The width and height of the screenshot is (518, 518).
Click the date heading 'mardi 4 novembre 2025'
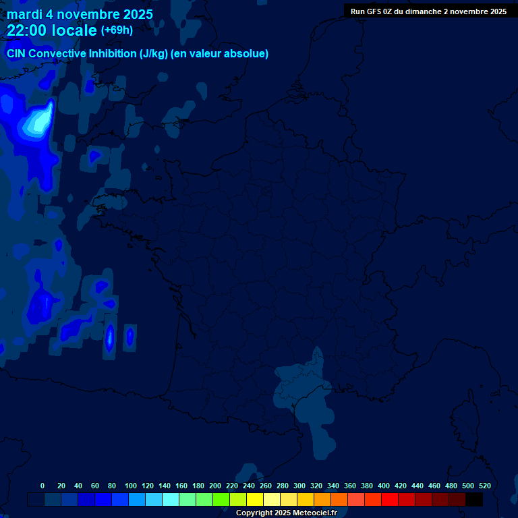(x=80, y=14)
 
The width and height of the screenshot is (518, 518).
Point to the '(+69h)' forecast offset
(x=117, y=30)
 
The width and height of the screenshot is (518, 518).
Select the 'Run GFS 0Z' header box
(x=428, y=11)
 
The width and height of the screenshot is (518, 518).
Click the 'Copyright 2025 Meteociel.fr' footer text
(x=286, y=513)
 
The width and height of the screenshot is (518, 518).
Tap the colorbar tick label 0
(x=42, y=486)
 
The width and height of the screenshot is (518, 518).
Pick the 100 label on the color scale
(x=131, y=486)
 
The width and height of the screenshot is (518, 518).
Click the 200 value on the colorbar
(x=215, y=486)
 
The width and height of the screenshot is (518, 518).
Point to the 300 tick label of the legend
(x=299, y=486)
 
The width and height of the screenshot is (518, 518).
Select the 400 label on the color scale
(x=384, y=486)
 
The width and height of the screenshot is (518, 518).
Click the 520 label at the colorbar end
(x=484, y=486)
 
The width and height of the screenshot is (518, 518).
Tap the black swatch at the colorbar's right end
(x=474, y=499)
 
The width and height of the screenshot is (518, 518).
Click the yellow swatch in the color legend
(x=255, y=499)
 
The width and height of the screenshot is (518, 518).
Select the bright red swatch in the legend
(x=390, y=499)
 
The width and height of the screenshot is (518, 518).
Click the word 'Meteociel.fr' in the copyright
(x=314, y=513)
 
